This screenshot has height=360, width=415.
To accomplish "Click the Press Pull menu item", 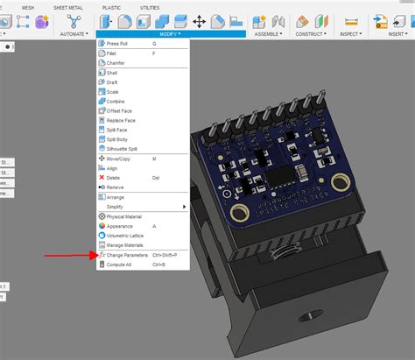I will [118, 42].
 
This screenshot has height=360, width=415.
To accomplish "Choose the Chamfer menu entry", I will [116, 62].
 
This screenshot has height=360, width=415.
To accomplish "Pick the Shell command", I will [112, 73].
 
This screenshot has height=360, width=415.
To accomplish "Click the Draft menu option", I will [112, 82].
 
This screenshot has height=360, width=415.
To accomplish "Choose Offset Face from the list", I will [119, 110].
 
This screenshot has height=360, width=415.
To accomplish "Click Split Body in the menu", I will [117, 138].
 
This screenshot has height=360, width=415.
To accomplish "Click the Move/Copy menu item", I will [119, 159].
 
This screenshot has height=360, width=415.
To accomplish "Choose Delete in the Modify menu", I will [114, 177].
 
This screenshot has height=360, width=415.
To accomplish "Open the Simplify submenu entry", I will [116, 206].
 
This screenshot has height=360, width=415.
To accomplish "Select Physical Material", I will [124, 216].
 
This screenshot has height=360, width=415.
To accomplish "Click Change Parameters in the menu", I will [128, 255].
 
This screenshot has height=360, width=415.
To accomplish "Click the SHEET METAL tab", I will [67, 6].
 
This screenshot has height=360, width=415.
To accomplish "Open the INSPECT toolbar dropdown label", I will [351, 35].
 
